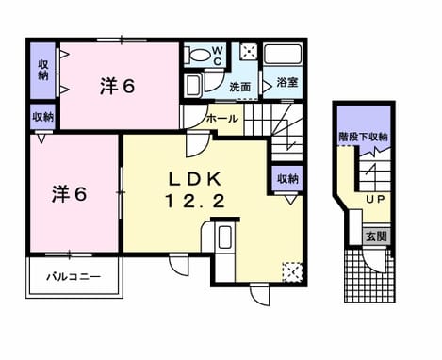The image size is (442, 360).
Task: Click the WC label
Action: coord(218,56)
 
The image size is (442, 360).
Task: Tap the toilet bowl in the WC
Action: coord(197,55)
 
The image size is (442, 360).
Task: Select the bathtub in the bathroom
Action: coord(283,54)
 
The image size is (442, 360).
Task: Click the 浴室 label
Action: coord(287,82)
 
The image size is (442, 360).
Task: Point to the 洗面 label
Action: coord(239,87)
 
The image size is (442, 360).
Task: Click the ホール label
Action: coord(221,119)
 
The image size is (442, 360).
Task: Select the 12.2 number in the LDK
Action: coord(194,201)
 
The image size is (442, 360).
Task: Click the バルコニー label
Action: coord(74,277)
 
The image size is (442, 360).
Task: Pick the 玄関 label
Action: coord(377,237)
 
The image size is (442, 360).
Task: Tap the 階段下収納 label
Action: coord(363,137)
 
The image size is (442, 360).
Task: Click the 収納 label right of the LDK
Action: coord(287,179)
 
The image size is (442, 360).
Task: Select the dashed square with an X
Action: coord(292,271)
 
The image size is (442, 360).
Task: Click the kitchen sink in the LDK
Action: coord(224,237)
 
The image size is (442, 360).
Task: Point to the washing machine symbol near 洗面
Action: coord(249,51)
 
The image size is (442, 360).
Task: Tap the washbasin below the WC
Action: coord(192,84)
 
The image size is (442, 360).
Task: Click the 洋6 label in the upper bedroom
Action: coord(118,86)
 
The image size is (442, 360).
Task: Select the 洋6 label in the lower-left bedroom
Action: coord(69,194)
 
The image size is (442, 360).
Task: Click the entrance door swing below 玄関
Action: coord(376,261)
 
